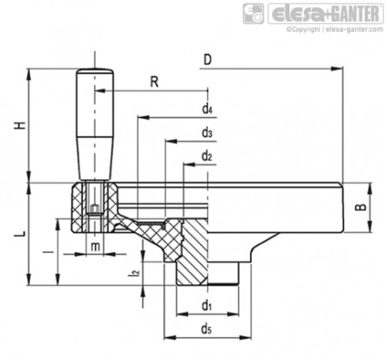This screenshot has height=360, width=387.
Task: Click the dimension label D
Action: (207, 60)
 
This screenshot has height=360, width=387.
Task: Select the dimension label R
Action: (154, 82)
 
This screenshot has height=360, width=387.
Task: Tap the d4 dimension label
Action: (207, 109)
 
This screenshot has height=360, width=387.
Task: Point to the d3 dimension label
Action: (207, 133)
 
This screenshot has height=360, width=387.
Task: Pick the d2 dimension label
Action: (207, 156)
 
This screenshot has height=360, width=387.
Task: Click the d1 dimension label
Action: (206, 306)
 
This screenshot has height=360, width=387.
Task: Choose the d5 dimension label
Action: (206, 329)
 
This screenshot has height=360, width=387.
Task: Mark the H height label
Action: (21, 125)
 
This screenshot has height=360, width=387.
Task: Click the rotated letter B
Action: (361, 207)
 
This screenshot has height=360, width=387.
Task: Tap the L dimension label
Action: (21, 233)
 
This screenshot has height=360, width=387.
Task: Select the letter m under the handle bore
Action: (95, 246)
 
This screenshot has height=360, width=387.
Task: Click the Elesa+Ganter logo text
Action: (325, 14)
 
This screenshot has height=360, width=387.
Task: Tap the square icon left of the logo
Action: (253, 14)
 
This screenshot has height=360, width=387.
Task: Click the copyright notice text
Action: (335, 29)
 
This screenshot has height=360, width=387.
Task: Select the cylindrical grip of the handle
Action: (95, 124)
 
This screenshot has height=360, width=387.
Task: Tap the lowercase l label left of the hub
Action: (51, 252)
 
